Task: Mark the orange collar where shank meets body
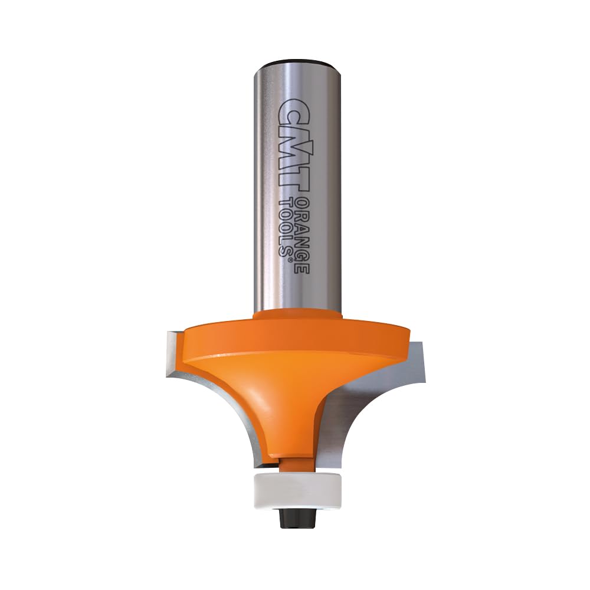(x=298, y=316)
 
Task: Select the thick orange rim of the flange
(x=295, y=339)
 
